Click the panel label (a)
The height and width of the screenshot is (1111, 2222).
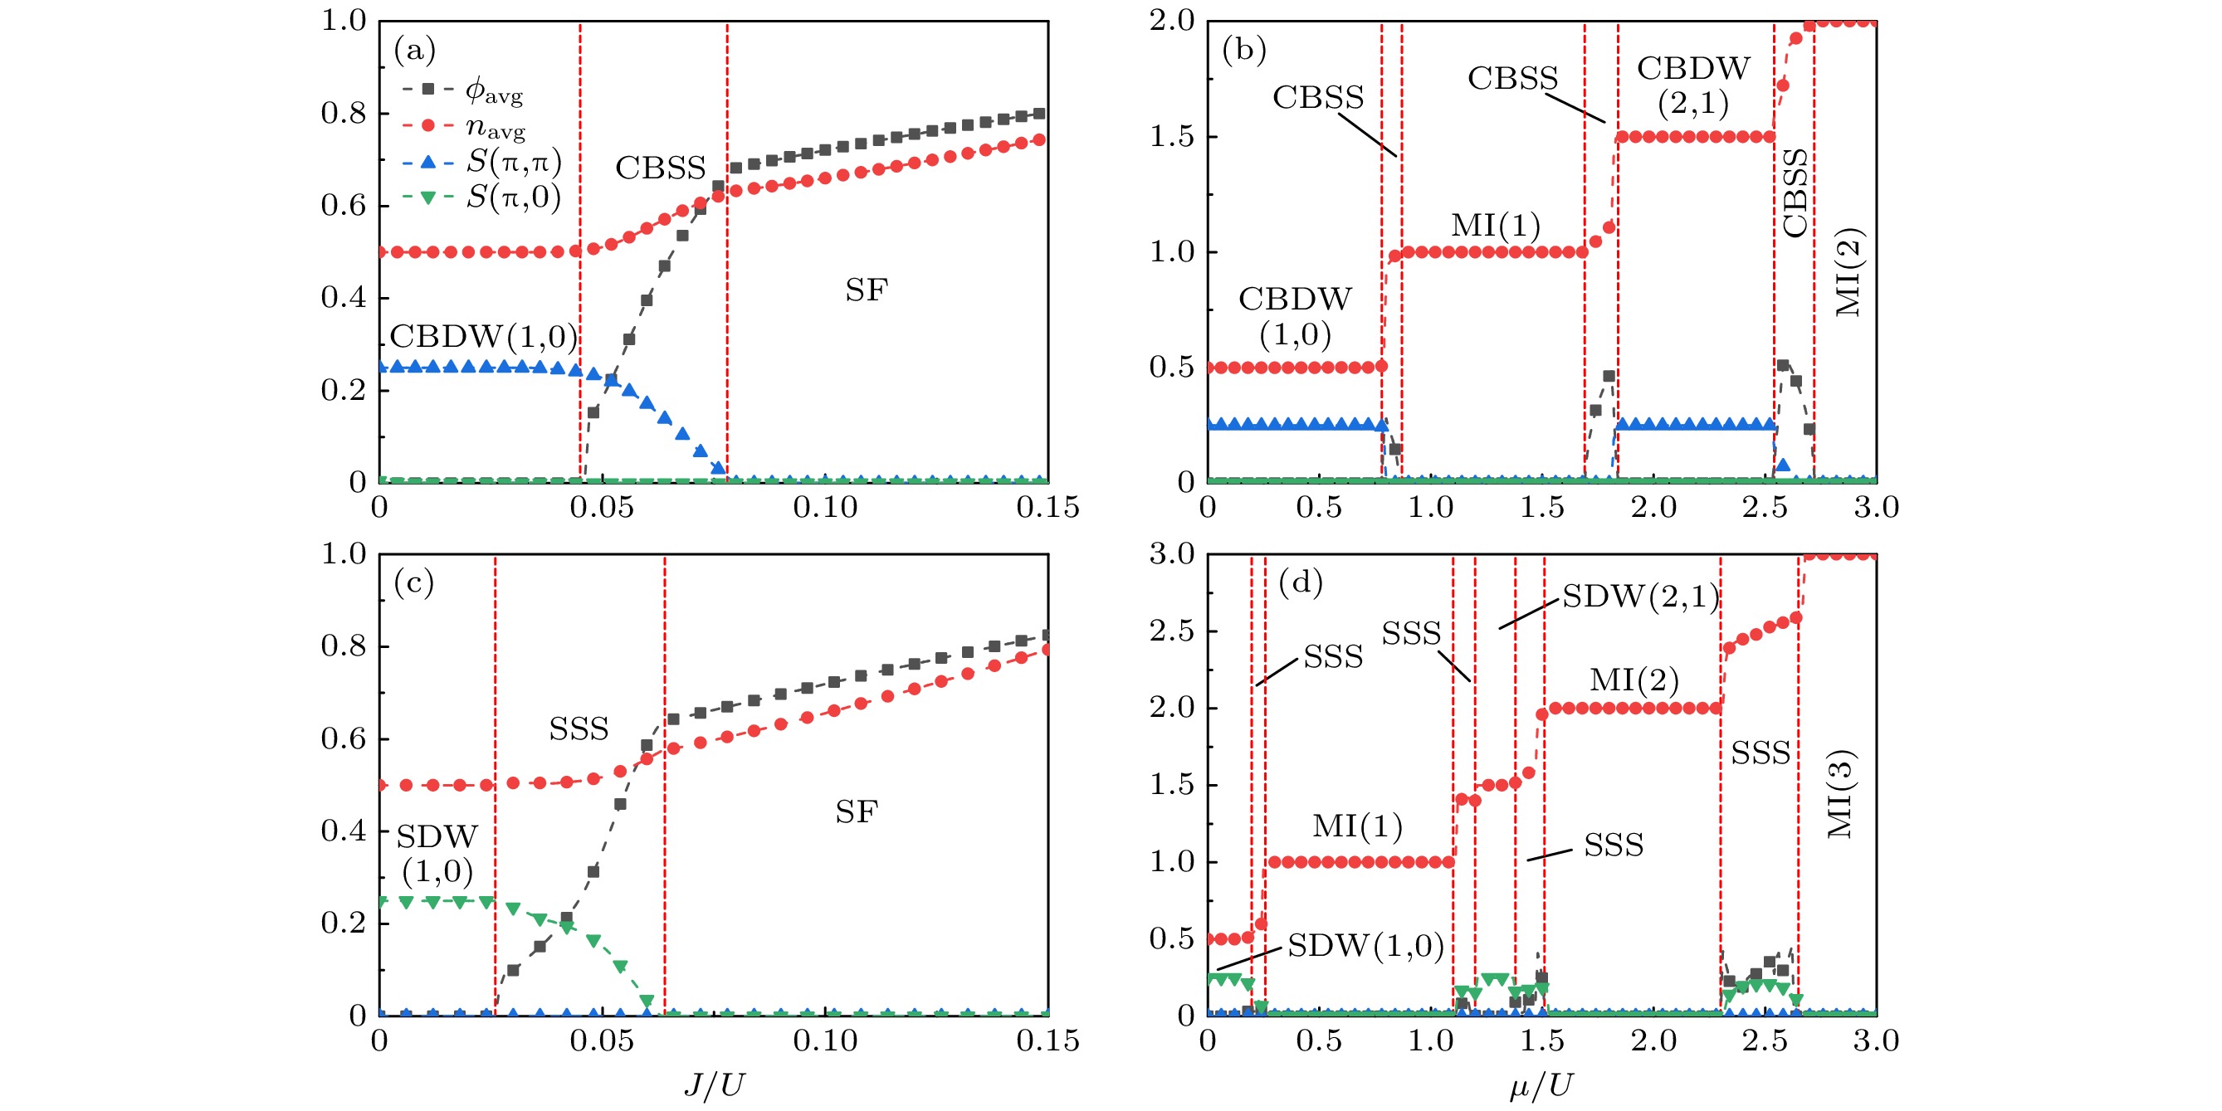414,51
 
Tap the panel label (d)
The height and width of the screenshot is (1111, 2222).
1300,584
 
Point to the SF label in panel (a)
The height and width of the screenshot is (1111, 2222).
865,290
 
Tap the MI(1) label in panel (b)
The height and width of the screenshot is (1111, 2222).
1495,226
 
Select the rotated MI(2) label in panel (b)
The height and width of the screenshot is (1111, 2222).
1848,273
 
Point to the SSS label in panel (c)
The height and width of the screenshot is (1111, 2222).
579,729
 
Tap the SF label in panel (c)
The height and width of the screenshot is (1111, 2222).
856,812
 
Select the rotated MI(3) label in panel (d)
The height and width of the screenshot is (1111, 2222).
1841,793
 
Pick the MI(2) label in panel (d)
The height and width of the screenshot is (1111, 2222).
1634,680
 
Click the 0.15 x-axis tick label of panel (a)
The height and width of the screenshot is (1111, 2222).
1048,508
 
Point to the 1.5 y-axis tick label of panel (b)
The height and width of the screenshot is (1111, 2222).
1170,137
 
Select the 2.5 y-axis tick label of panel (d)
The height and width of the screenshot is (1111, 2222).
1170,631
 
